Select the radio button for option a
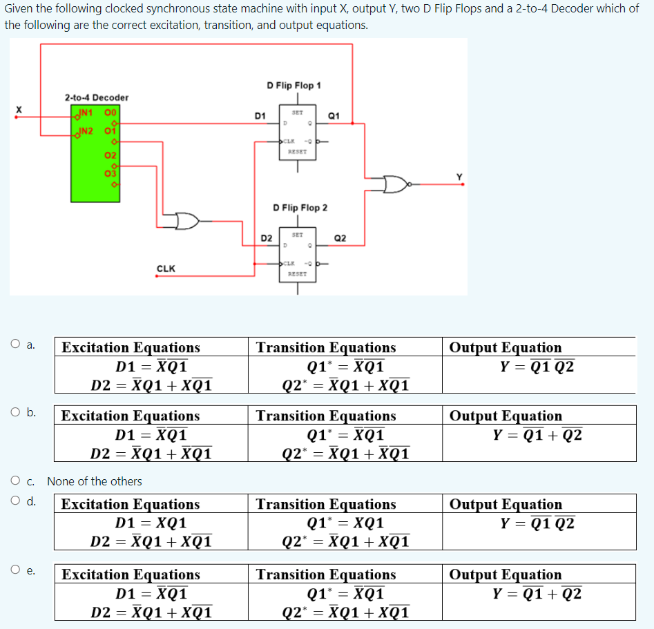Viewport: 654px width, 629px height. (15, 344)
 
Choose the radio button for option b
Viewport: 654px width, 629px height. (15, 413)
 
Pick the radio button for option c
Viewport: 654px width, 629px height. (15, 481)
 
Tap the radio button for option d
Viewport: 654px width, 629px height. (15, 501)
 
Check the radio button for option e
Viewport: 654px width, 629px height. (15, 570)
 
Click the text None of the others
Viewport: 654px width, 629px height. (95, 481)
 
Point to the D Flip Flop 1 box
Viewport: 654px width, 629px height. (298, 131)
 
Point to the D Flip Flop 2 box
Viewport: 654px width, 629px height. (298, 253)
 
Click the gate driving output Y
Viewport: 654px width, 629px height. (397, 184)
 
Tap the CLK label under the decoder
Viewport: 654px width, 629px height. (166, 269)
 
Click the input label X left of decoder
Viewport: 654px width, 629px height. (19, 109)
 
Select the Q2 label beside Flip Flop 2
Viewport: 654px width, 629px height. (340, 238)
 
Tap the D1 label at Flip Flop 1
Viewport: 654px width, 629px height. (260, 115)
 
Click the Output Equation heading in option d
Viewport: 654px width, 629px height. (506, 505)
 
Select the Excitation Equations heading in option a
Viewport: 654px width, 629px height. (131, 347)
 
